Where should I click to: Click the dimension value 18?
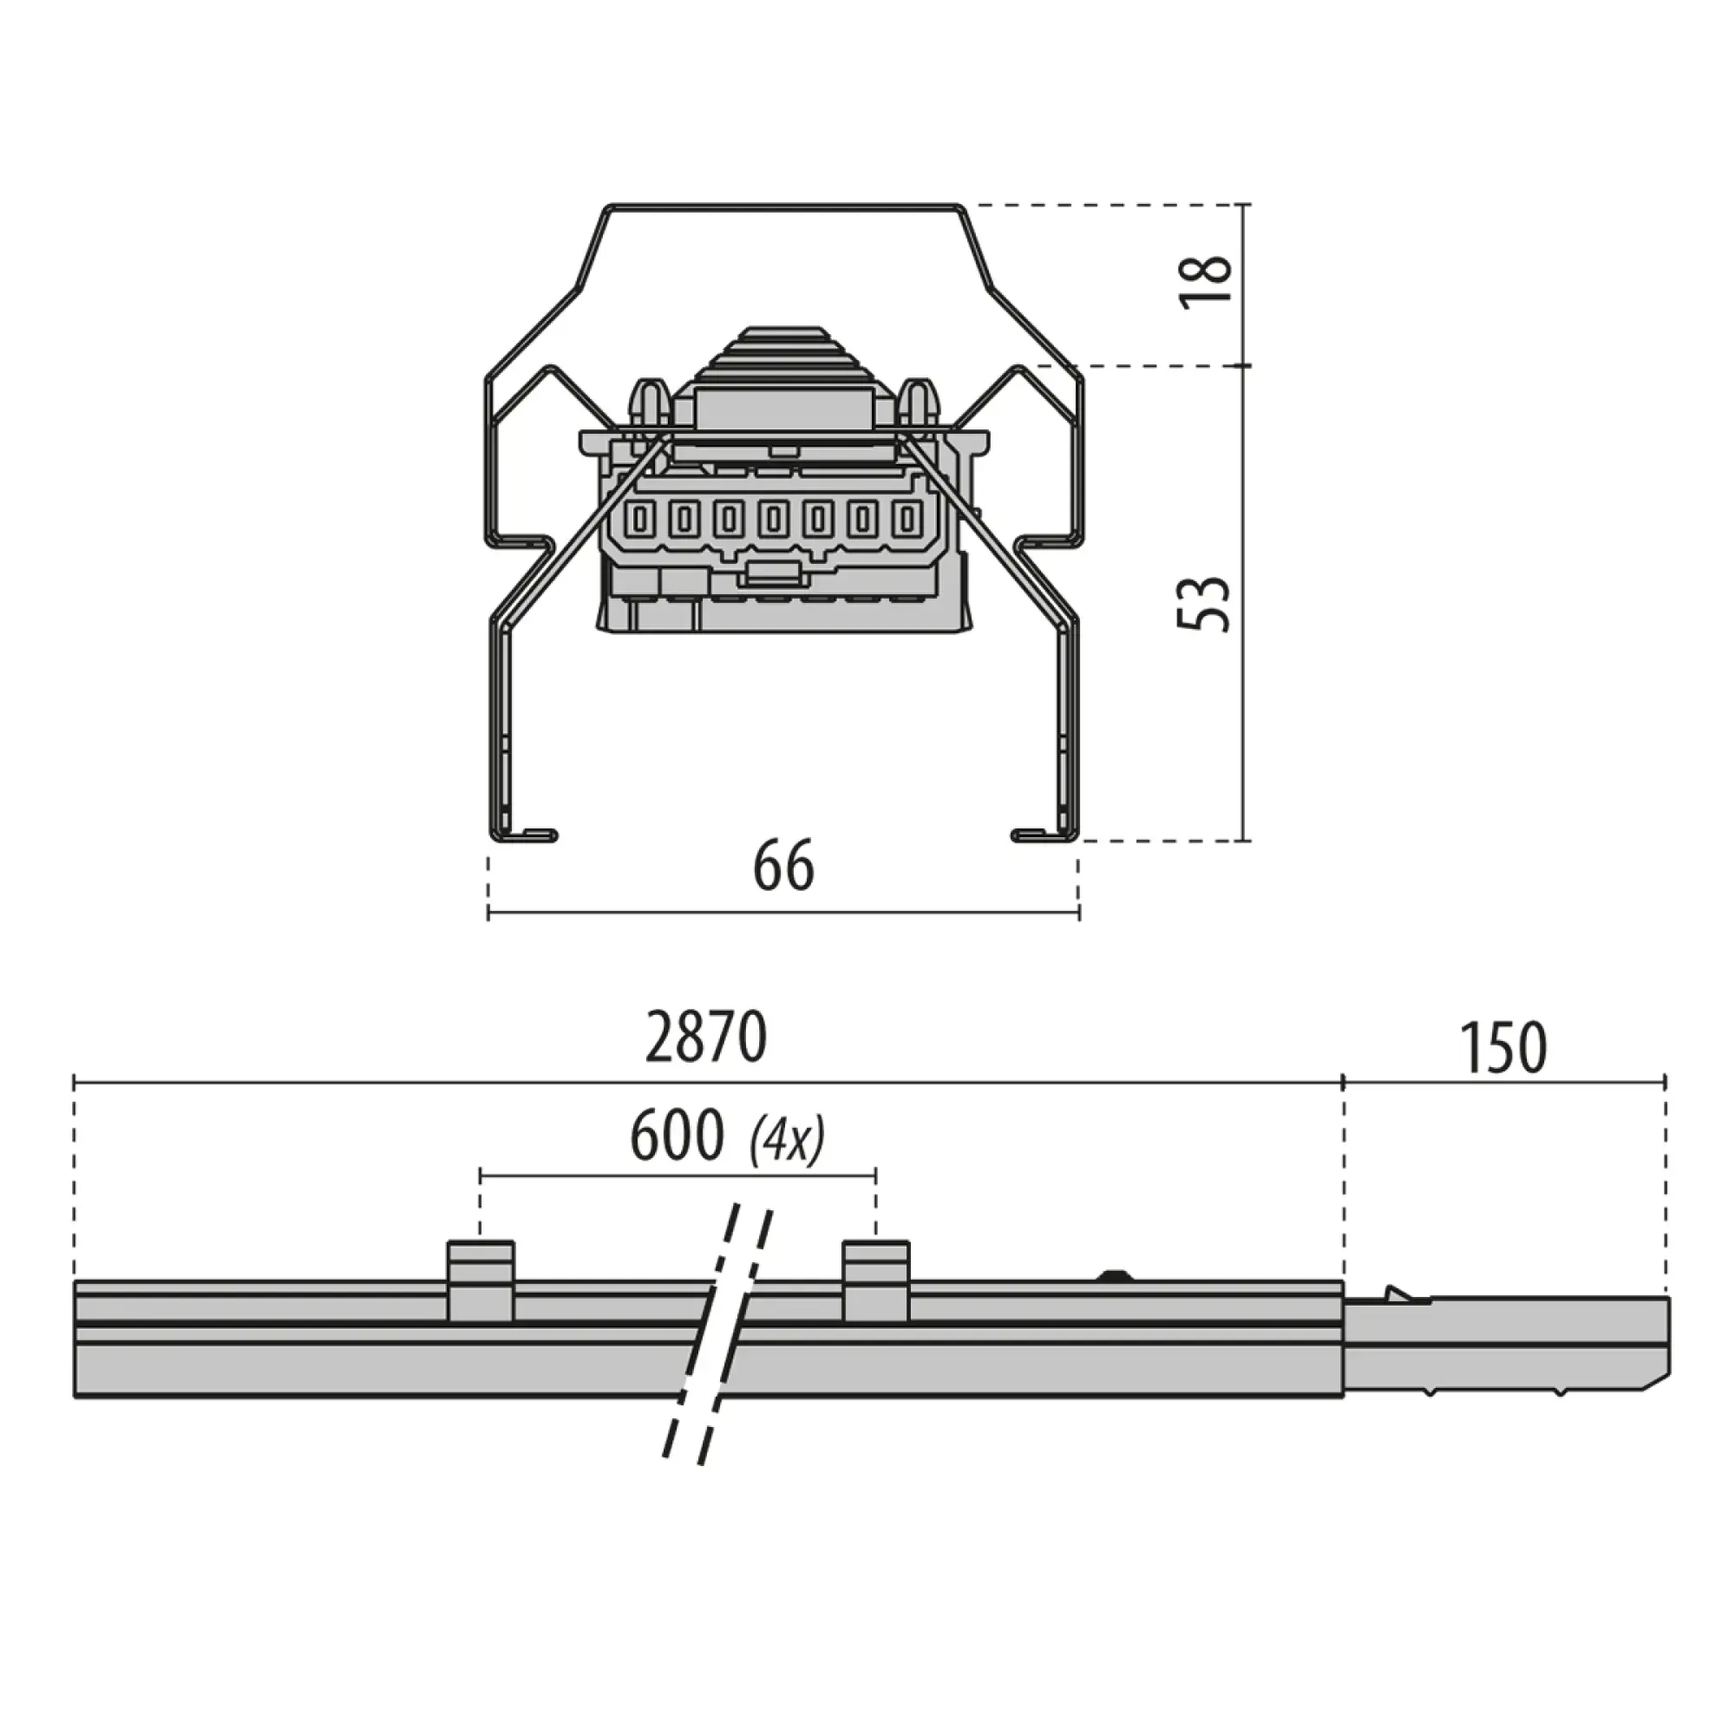point(1206,282)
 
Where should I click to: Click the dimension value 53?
point(1204,603)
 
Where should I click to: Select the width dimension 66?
point(783,867)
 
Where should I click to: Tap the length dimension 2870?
point(706,1038)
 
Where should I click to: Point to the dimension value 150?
point(1503,1047)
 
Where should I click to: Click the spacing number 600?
point(678,1136)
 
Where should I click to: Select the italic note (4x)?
point(788,1141)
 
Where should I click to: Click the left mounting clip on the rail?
point(481,1281)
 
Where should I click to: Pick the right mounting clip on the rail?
point(875,1281)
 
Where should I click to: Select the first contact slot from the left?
point(641,520)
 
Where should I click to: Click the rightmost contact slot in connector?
point(907,520)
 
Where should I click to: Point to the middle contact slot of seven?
point(773,520)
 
